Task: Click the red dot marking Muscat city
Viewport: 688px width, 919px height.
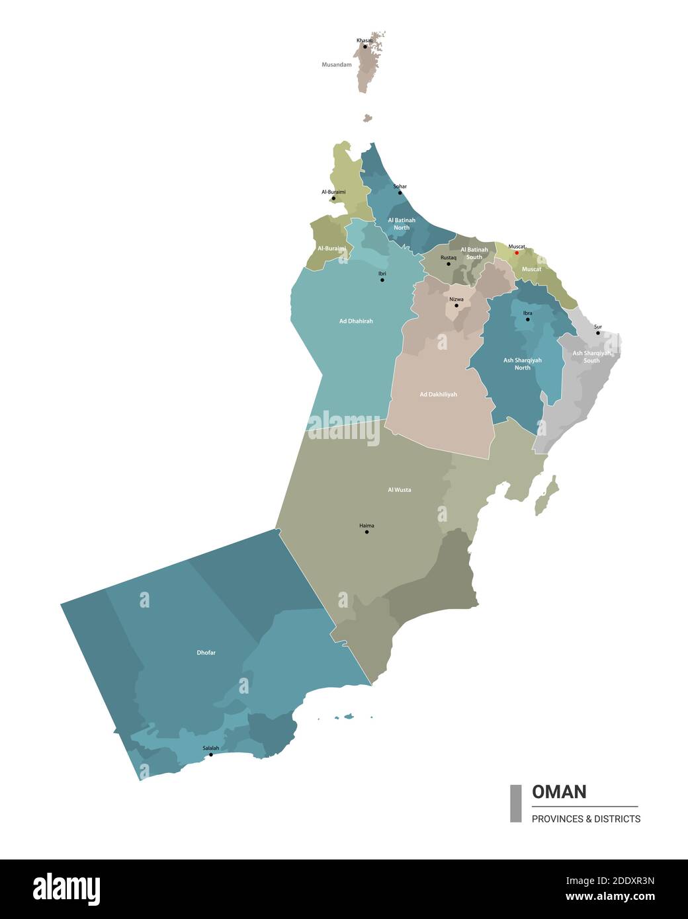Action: point(517,253)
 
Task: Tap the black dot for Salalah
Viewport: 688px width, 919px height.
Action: point(211,754)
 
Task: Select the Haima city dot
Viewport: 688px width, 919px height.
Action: point(366,532)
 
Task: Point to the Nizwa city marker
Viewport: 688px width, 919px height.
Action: point(456,305)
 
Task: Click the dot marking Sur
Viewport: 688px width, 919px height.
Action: point(598,333)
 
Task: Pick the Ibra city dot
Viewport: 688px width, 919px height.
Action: point(527,319)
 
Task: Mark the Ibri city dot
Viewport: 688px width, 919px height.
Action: point(382,280)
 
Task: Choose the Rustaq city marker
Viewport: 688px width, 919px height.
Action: point(449,264)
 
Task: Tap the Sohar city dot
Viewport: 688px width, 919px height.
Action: point(400,192)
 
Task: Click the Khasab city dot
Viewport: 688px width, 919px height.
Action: point(365,46)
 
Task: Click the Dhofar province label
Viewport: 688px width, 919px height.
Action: point(206,653)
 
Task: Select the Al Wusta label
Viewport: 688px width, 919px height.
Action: point(399,490)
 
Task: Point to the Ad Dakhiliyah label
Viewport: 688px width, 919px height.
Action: point(438,395)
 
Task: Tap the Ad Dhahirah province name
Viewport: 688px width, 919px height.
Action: point(356,321)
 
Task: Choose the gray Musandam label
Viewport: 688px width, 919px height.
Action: point(337,65)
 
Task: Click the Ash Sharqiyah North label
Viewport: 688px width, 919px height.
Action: point(523,364)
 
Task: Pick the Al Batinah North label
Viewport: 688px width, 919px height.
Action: point(402,223)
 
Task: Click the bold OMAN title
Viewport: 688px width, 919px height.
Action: point(559,791)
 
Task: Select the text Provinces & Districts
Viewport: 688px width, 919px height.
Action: point(586,819)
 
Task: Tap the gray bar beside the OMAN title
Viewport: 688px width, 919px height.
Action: point(516,803)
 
